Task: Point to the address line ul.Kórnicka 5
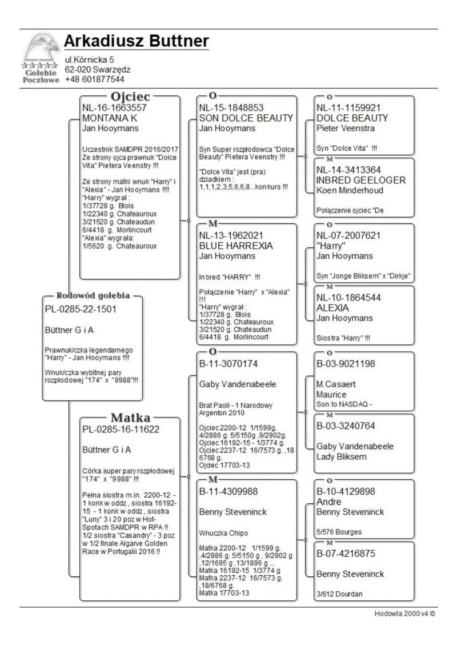[89, 59]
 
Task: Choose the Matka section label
[130, 417]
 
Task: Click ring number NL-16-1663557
[115, 107]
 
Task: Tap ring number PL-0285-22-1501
[81, 309]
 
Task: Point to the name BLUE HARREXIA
[236, 246]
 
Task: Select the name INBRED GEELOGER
[360, 180]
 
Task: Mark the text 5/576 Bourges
[339, 532]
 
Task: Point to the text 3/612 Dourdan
[339, 594]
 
